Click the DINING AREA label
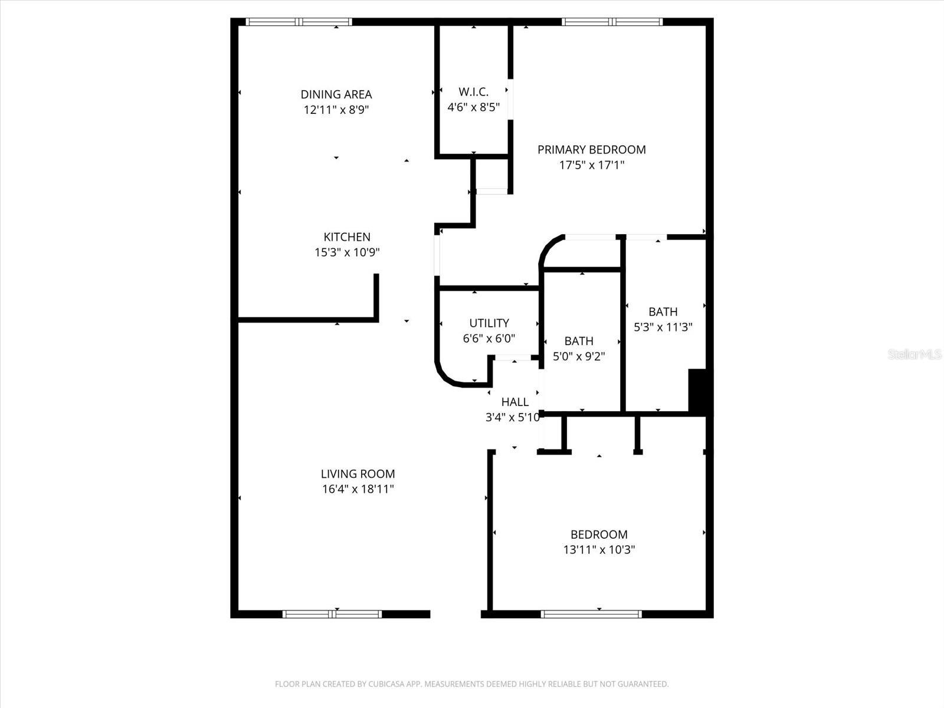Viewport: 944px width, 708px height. click(x=336, y=94)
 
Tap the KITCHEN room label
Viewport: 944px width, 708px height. click(x=347, y=237)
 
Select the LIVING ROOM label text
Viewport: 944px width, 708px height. click(x=358, y=474)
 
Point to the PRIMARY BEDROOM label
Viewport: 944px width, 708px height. click(x=591, y=150)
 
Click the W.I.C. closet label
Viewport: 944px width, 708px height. click(x=473, y=92)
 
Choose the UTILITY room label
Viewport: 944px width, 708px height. click(x=489, y=323)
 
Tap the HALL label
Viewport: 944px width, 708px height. click(x=514, y=402)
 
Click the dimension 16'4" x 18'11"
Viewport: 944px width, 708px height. click(x=358, y=489)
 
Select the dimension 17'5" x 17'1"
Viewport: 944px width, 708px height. click(x=591, y=165)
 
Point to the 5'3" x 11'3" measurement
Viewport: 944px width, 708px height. click(x=663, y=327)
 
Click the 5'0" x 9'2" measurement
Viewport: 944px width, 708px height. click(x=579, y=356)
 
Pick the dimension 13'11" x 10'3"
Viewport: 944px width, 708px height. click(x=599, y=550)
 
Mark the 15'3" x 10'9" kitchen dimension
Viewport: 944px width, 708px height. click(x=347, y=253)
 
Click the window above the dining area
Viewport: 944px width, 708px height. click(x=299, y=22)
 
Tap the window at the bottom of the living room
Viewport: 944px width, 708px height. click(x=332, y=614)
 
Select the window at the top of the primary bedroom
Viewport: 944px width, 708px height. click(x=612, y=22)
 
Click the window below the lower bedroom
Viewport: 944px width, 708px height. click(x=591, y=614)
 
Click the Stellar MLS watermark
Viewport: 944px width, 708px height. click(x=914, y=355)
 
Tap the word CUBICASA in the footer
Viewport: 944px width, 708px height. click(x=385, y=684)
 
